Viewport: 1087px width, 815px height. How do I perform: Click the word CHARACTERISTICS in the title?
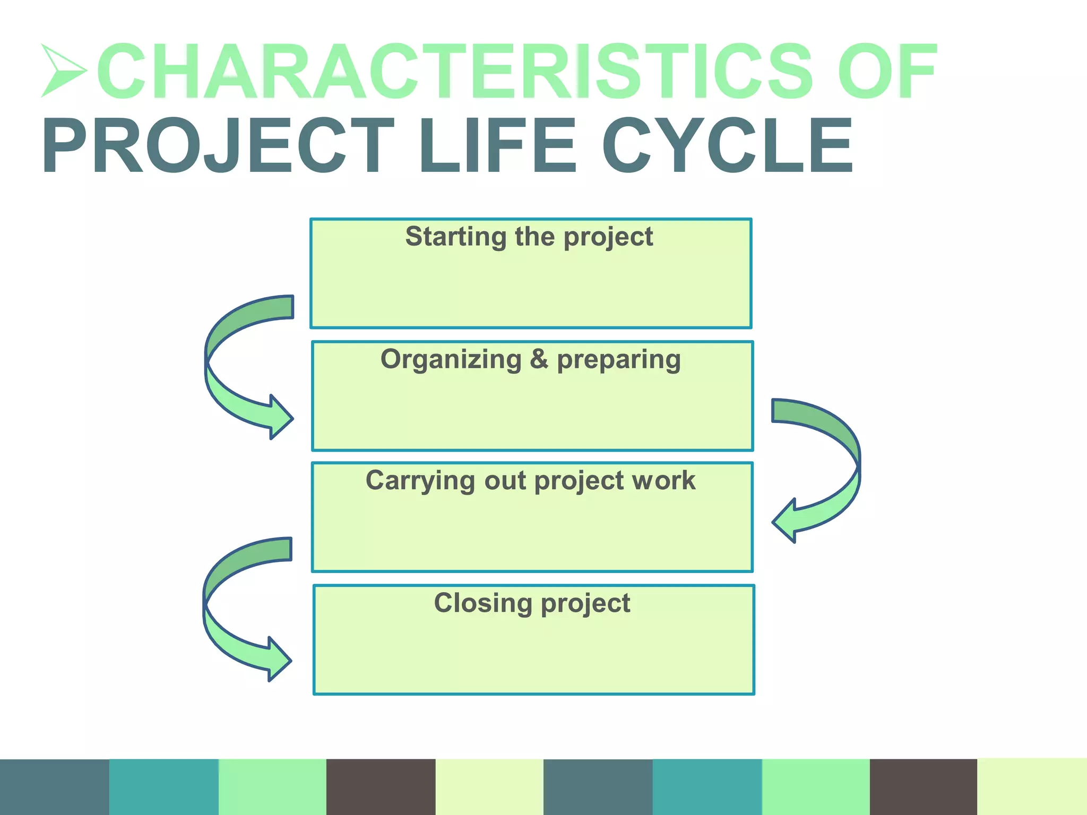click(454, 72)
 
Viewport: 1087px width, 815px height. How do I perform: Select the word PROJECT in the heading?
click(218, 146)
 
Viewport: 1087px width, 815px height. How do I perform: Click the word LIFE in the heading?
click(497, 146)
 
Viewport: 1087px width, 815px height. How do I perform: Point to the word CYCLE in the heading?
click(727, 146)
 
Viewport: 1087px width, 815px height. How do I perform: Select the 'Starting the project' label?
click(529, 237)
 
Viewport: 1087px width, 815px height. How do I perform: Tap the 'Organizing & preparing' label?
click(531, 359)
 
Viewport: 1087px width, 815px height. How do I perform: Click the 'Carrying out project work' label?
click(531, 481)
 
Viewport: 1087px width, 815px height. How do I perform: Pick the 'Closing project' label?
click(532, 603)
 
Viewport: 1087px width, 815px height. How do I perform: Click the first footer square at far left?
click(54, 787)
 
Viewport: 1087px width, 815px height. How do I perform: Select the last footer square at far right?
click(1032, 787)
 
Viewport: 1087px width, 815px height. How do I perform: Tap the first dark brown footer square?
click(381, 787)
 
